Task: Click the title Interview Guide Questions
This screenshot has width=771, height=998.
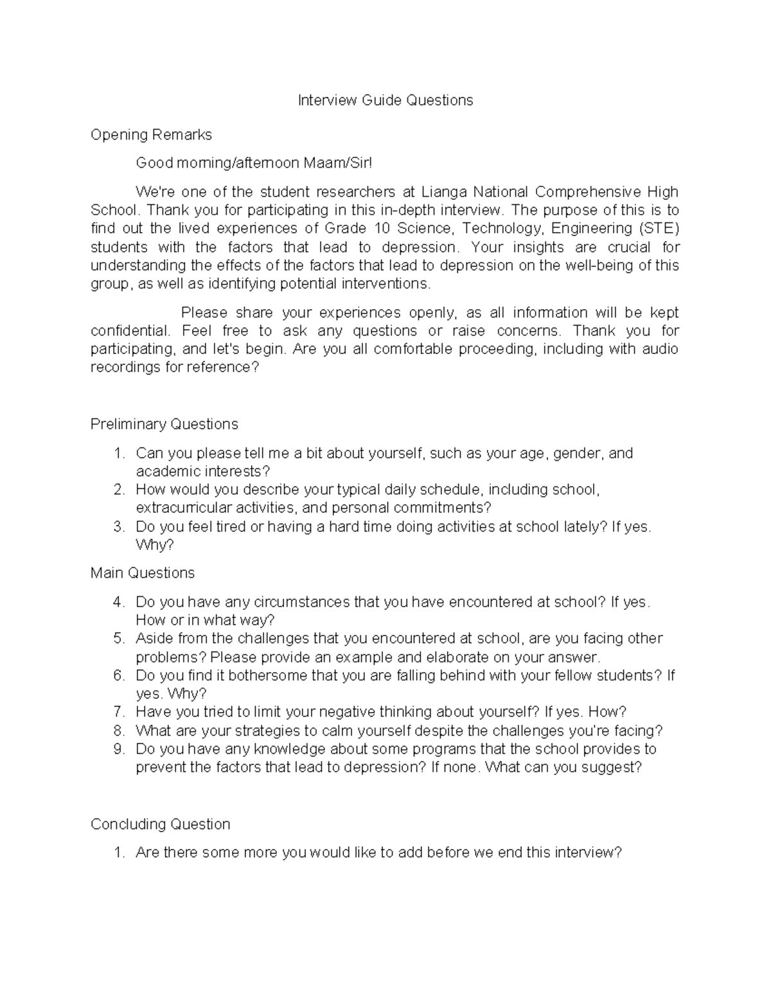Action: click(385, 100)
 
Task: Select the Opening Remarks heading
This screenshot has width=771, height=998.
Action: click(151, 135)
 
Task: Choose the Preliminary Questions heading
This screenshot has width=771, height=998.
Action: click(164, 424)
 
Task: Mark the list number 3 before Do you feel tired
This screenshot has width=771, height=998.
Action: click(118, 527)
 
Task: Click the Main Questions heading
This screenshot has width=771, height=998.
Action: click(143, 573)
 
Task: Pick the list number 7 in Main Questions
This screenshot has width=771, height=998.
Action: click(118, 712)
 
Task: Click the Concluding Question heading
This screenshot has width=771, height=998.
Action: click(161, 824)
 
